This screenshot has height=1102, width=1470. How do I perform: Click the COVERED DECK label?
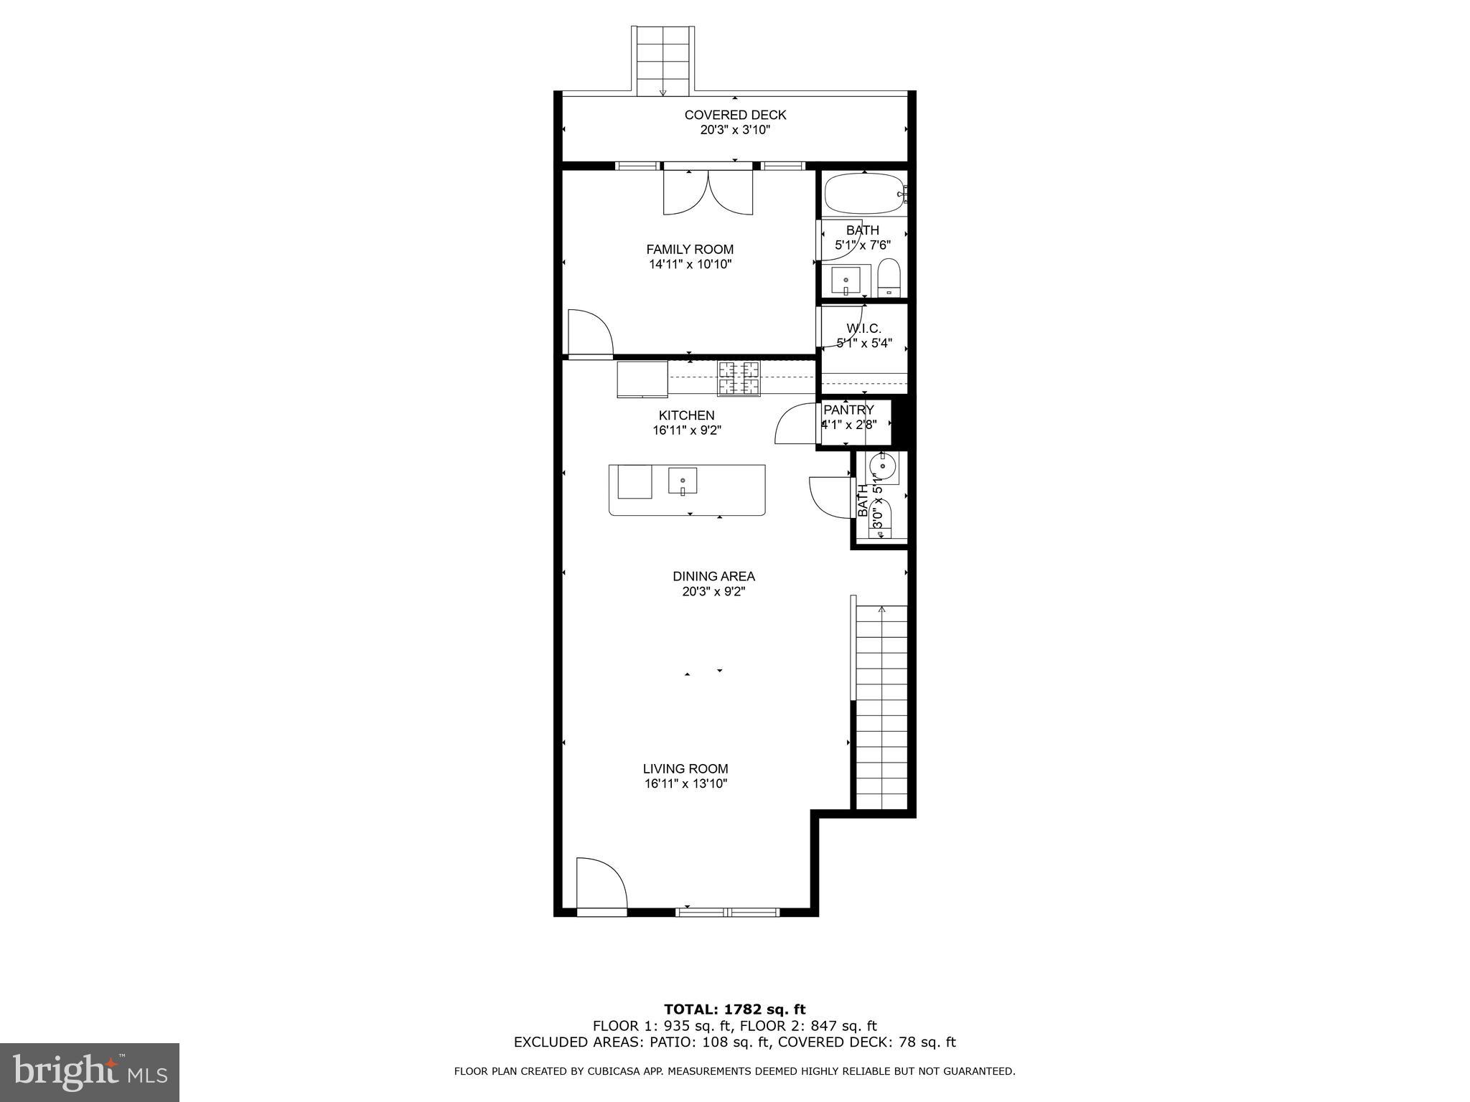pos(735,115)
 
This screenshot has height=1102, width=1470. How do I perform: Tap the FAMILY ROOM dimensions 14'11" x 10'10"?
pos(690,264)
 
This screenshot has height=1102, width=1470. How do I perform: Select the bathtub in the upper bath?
pos(864,194)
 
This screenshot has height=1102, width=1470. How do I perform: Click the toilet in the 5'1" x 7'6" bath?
pos(889,278)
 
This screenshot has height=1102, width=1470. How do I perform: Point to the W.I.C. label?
pos(863,329)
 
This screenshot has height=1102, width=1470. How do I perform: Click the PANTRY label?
pos(848,410)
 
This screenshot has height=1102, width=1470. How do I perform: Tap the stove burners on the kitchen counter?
pos(739,378)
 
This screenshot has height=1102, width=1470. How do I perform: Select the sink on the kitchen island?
pos(683,481)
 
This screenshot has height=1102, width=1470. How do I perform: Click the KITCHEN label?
pos(686,415)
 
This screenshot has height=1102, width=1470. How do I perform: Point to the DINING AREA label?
pos(713,576)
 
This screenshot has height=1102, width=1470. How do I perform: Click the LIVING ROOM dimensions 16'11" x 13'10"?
pos(685,784)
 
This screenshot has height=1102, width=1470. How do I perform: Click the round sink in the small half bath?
pos(882,467)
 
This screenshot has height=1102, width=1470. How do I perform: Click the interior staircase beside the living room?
pos(882,707)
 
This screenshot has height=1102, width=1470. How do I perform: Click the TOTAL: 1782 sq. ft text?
pos(734,1010)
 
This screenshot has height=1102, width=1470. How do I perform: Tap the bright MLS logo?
pos(90,1073)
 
